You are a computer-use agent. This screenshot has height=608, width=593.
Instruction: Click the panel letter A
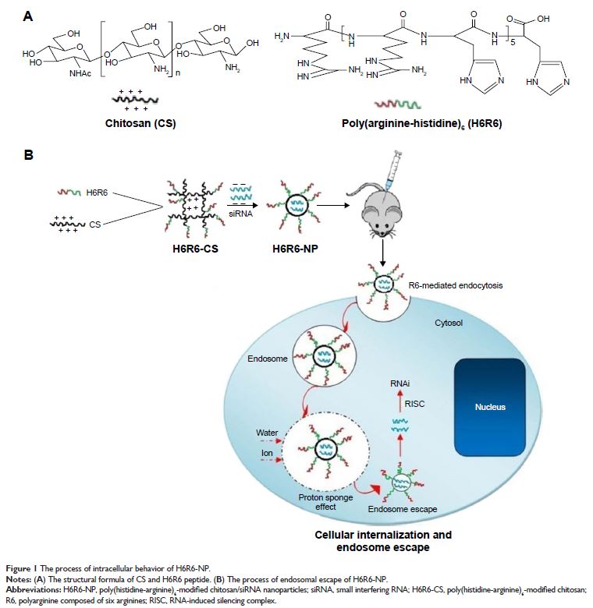30,16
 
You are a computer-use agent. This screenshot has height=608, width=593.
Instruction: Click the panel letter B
30,155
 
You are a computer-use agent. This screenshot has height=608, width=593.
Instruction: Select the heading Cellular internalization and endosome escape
382,541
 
